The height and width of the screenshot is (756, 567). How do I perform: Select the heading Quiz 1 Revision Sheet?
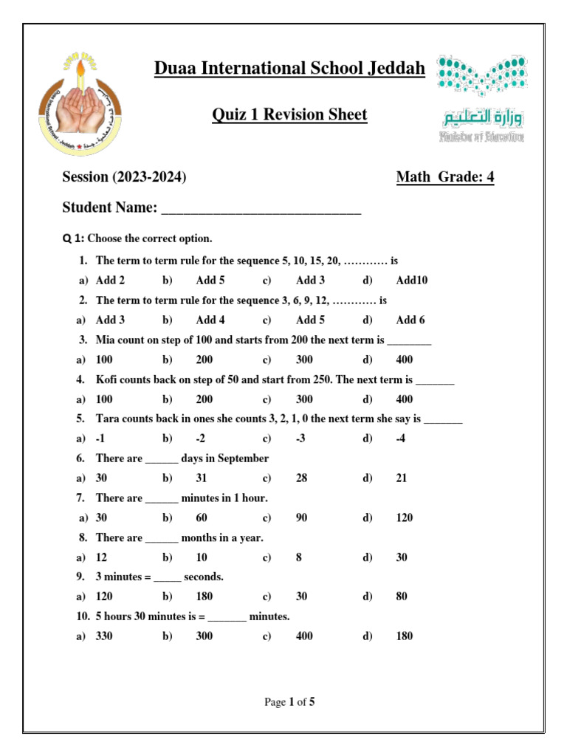tap(289, 115)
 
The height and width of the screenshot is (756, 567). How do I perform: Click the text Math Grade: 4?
tap(444, 177)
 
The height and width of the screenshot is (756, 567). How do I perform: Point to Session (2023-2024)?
tap(124, 177)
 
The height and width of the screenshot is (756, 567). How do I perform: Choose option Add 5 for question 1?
tap(210, 281)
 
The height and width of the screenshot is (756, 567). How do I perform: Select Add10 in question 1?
tap(411, 281)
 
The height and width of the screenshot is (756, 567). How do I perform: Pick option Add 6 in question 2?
tap(410, 320)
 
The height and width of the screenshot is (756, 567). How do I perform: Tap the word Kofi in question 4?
tap(108, 379)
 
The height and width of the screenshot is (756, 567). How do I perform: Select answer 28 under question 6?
tap(302, 478)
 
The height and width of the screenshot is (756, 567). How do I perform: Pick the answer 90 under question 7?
tap(301, 518)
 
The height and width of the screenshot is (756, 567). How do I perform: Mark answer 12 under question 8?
tap(102, 557)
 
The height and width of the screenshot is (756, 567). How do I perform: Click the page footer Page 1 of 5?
tap(289, 702)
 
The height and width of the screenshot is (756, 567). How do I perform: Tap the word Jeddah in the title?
tap(399, 69)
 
